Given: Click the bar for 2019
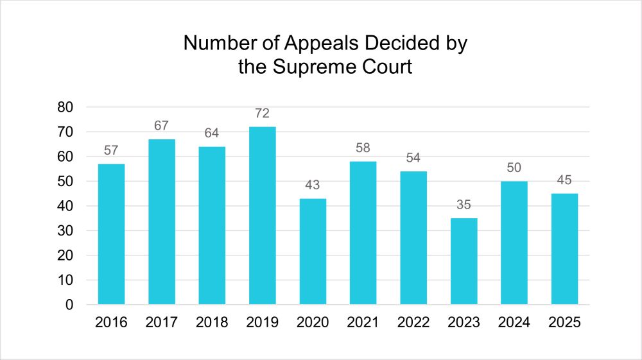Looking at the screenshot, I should (263, 216).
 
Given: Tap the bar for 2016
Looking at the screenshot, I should (112, 234).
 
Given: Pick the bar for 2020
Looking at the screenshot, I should (313, 252).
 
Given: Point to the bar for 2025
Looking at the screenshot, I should (564, 249).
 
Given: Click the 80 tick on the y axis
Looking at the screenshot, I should (65, 107).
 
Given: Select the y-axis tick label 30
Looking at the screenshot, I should (65, 231).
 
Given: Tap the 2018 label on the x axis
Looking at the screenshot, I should (212, 323).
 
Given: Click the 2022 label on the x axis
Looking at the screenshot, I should (413, 323).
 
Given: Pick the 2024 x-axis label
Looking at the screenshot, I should (514, 323).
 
